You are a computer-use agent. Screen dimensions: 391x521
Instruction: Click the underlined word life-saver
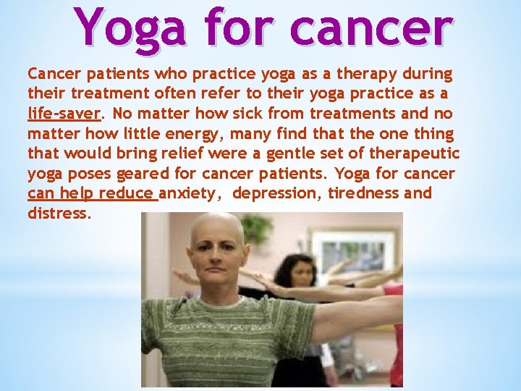pos(64,114)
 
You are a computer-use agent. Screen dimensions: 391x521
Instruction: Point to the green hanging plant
pos(254,228)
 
